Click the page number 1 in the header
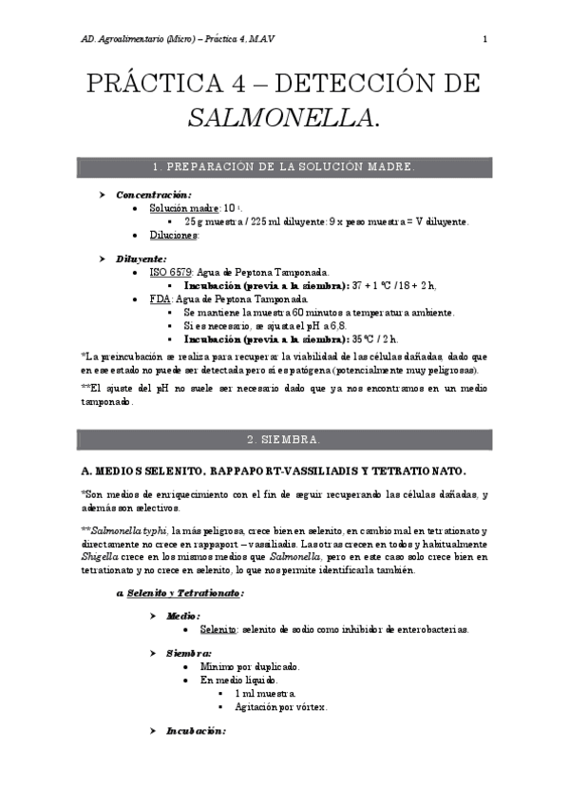click(x=484, y=39)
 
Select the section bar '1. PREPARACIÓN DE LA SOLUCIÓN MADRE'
click(x=285, y=165)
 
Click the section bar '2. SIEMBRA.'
click(x=285, y=439)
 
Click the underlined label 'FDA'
click(x=159, y=297)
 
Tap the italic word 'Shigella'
click(x=100, y=556)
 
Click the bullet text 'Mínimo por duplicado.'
click(x=250, y=667)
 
